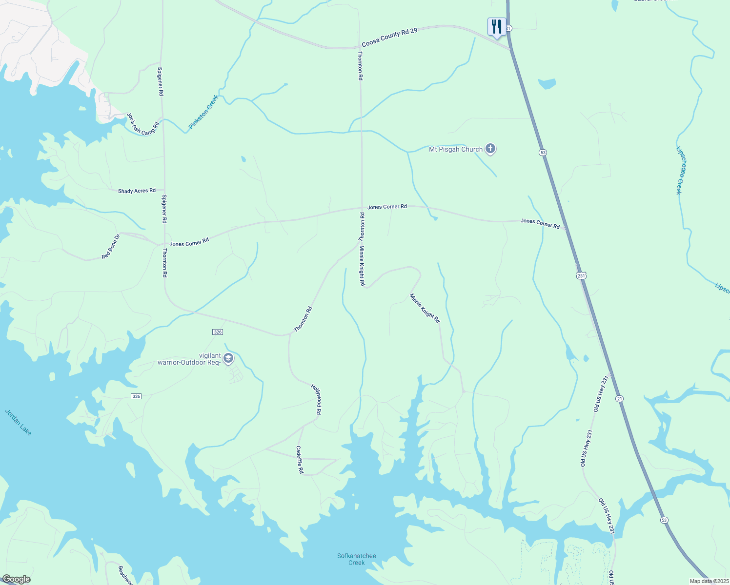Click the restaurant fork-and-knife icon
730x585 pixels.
496,26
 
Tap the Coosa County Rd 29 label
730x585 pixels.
389,38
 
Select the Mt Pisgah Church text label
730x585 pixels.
455,150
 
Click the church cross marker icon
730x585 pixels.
490,149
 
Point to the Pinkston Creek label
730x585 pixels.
203,113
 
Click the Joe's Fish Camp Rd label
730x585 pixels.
143,124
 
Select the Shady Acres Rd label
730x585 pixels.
137,191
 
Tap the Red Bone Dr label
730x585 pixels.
110,247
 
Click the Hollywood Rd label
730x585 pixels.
316,399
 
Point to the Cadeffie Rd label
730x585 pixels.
300,460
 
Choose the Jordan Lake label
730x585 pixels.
18,422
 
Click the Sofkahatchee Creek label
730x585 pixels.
357,559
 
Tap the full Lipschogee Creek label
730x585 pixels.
678,171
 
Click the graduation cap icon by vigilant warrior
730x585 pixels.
228,359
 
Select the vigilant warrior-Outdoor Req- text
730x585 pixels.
189,359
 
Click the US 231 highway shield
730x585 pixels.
581,275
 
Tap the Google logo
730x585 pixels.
16,579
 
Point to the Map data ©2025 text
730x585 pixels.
709,581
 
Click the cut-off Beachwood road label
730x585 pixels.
125,575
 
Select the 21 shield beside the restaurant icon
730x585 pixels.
508,28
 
